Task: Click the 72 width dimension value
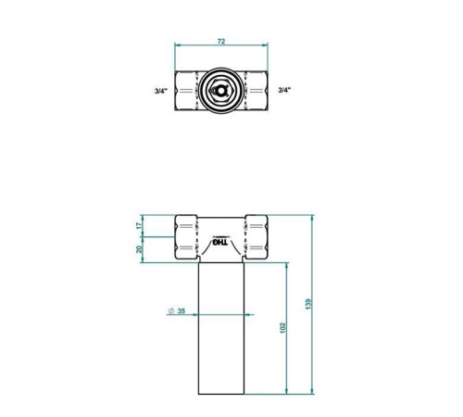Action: point(221,41)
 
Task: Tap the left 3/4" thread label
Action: point(161,91)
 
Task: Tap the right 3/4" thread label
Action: point(284,90)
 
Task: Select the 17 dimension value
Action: point(140,225)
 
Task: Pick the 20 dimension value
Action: point(140,249)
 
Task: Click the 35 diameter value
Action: point(181,310)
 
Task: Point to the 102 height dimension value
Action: point(282,328)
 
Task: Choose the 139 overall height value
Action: point(308,304)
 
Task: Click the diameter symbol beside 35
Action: point(170,311)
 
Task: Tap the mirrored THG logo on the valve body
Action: point(220,242)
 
